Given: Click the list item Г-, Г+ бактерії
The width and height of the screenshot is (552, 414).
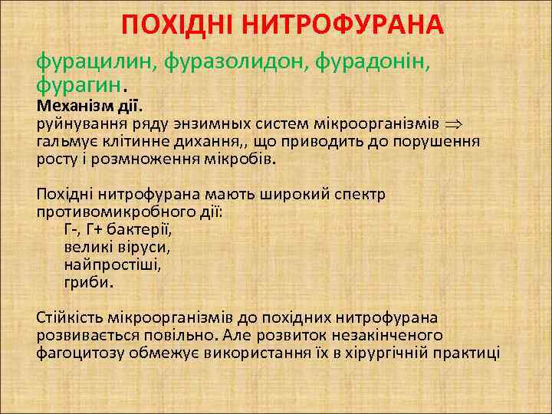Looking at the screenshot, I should click(118, 229).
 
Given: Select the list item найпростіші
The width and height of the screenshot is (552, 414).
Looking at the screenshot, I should click(113, 264).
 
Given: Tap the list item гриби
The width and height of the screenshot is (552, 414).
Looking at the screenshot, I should click(89, 282).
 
